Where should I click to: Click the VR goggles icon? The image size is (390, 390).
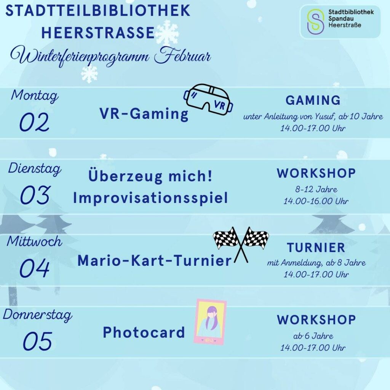[208, 99]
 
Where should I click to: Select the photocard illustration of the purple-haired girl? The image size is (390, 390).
[210, 322]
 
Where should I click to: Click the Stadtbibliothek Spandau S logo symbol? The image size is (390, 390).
[315, 21]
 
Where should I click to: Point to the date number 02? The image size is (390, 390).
[34, 122]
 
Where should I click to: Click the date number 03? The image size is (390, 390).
[35, 195]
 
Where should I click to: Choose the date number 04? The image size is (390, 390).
[35, 268]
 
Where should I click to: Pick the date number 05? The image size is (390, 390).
[38, 341]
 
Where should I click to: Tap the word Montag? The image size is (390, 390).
[35, 96]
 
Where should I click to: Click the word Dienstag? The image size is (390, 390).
[35, 169]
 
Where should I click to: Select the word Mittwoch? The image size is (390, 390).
[34, 241]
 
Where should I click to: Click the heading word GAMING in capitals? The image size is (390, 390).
[313, 100]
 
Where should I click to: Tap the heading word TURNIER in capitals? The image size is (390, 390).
[316, 248]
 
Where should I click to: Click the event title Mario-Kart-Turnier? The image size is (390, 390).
[155, 261]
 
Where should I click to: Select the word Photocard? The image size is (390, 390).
[144, 332]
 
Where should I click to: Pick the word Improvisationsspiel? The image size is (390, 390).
[150, 198]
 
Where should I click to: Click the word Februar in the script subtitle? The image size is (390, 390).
[182, 56]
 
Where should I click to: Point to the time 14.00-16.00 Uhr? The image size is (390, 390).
[316, 201]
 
